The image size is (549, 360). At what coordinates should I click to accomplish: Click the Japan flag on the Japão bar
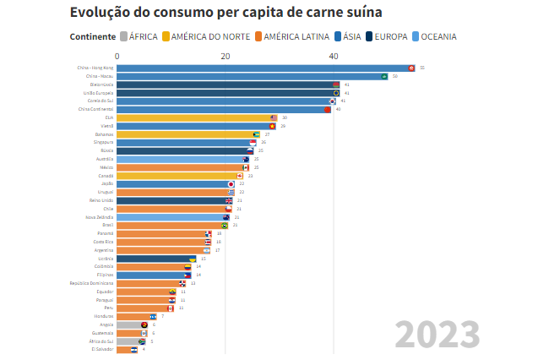(231, 183)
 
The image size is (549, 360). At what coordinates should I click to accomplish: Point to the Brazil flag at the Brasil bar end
(225, 226)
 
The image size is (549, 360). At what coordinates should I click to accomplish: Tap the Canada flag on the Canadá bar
(240, 176)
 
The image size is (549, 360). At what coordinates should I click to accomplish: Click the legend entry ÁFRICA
(139, 36)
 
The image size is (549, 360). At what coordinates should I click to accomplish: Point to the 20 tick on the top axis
(226, 56)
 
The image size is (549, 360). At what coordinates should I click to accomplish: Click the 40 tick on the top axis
(334, 56)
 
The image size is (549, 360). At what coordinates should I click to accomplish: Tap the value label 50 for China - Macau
(395, 76)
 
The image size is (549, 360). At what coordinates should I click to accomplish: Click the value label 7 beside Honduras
(162, 316)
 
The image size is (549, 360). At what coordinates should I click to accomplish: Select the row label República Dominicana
(91, 283)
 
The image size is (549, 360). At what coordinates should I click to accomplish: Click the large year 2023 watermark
(437, 335)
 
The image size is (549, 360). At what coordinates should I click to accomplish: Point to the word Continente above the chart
(93, 36)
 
